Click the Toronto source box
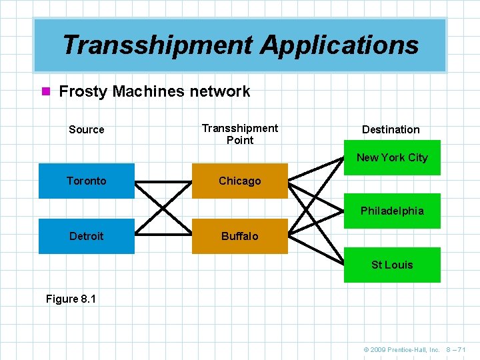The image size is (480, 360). coord(86,181)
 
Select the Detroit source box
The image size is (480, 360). coord(86,236)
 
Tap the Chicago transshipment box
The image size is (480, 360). coord(240,181)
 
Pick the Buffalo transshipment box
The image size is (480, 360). coord(240,236)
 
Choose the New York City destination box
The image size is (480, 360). coord(392,157)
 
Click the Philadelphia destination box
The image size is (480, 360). coord(392,211)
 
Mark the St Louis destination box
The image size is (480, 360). coord(392,265)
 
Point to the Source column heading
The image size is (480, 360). coord(87,129)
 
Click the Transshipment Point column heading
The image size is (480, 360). coord(240,133)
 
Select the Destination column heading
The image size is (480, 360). coord(391,129)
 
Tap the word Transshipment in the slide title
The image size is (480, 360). coord(157,45)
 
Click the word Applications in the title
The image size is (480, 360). coord(340,45)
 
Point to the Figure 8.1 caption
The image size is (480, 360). coord(71,299)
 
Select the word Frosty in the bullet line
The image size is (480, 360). coord(83,91)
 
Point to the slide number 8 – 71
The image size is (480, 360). coord(457,349)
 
